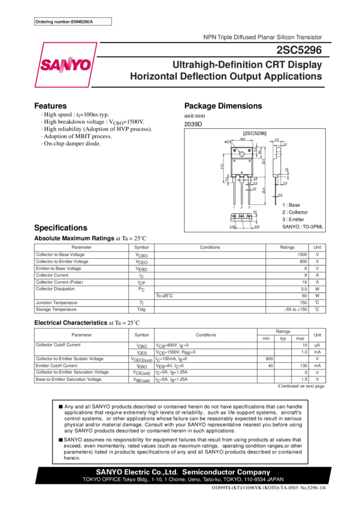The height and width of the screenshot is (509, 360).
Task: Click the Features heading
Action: point(50,105)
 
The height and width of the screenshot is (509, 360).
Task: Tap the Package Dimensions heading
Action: point(223,106)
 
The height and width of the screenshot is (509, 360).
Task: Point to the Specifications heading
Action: point(60,228)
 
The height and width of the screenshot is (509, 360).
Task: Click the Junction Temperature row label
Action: point(56,303)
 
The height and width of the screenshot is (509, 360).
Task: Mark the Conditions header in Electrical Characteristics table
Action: point(205,335)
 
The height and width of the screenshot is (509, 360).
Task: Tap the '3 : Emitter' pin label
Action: point(294,219)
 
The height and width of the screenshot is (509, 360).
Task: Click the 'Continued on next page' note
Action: point(302,387)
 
